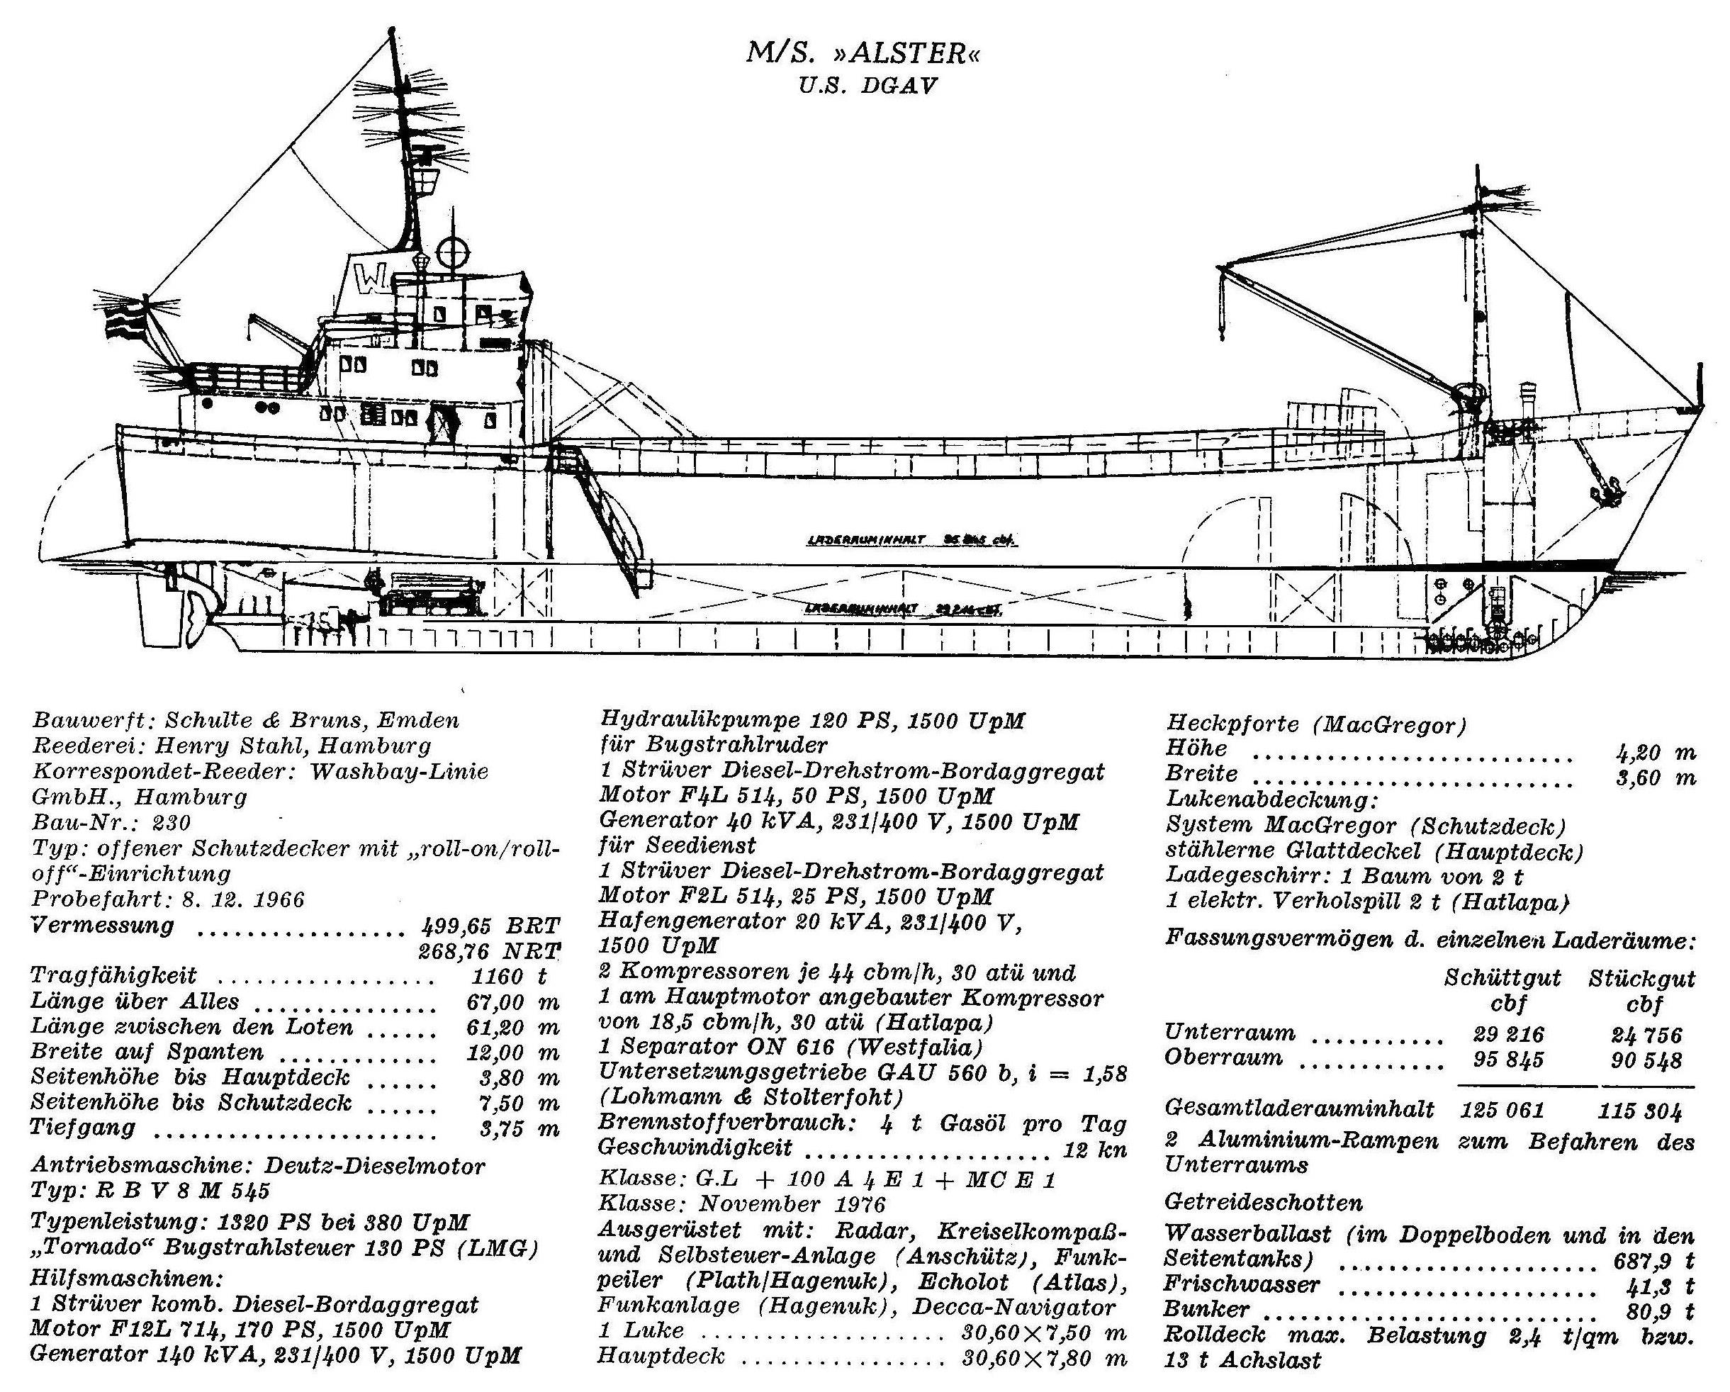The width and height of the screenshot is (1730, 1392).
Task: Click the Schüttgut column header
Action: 1502,978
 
